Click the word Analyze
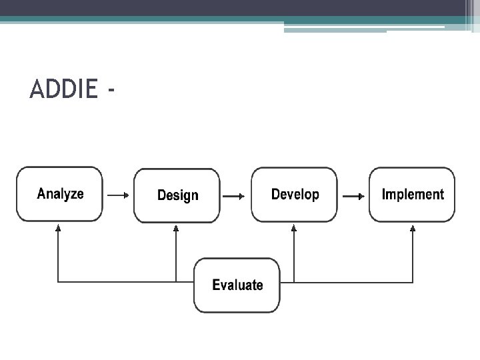tap(60, 194)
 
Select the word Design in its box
tap(177, 195)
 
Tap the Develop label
tap(295, 195)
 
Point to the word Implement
tap(412, 195)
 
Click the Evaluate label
tap(237, 285)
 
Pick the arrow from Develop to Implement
tap(353, 197)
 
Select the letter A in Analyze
tap(41, 194)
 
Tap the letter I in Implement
tap(383, 195)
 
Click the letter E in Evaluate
tap(216, 285)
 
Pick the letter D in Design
tap(161, 195)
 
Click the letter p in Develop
tap(315, 196)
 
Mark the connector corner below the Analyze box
tap(59, 282)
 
